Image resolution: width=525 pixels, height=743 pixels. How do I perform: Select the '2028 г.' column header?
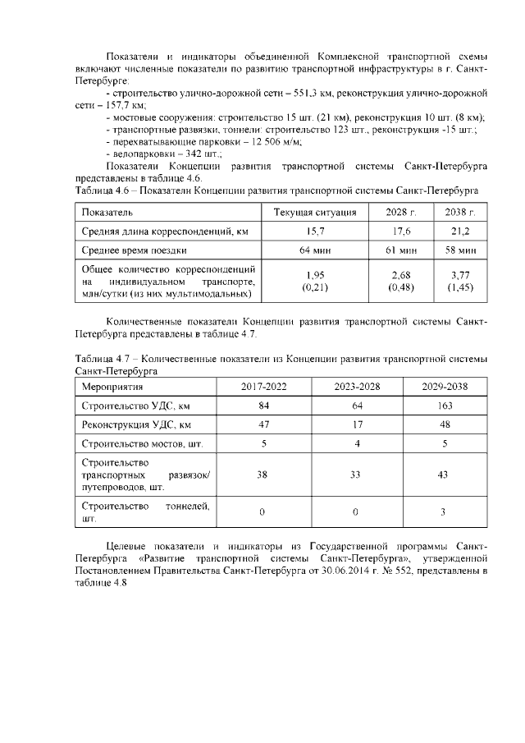(401, 212)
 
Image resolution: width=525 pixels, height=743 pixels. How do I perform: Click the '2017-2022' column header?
(262, 387)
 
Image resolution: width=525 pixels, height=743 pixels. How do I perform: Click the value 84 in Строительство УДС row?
(262, 406)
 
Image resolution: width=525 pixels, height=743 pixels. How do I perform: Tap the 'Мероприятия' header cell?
(112, 387)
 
